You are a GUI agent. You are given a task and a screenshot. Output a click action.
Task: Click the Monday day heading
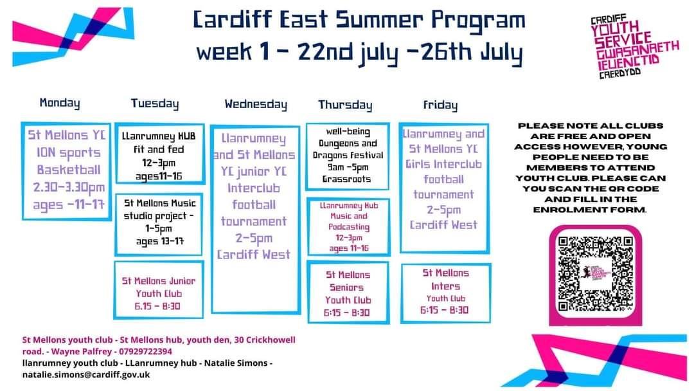pyautogui.click(x=60, y=103)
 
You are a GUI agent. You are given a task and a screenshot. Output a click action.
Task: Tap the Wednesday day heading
pyautogui.click(x=256, y=105)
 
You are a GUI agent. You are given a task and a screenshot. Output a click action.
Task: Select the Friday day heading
pyautogui.click(x=440, y=105)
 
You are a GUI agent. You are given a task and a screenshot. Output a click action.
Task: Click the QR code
pyautogui.click(x=595, y=274)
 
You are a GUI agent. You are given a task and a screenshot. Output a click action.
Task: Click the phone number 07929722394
pyautogui.click(x=145, y=352)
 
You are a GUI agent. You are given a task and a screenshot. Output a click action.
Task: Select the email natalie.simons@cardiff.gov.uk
pyautogui.click(x=86, y=375)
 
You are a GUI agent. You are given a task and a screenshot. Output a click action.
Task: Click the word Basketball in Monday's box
pyautogui.click(x=69, y=170)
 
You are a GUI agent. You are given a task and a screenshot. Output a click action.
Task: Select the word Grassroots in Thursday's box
pyautogui.click(x=346, y=179)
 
